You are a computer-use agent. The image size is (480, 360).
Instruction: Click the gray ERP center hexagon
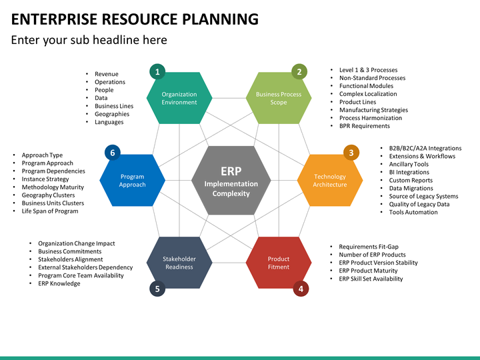tap(231, 181)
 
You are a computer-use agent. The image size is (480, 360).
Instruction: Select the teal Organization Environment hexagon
tap(179, 98)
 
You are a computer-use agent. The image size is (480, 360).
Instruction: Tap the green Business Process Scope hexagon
tap(279, 98)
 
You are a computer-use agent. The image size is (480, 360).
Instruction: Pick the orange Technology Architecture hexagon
tap(329, 181)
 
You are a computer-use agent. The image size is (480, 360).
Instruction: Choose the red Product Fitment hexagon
tap(279, 263)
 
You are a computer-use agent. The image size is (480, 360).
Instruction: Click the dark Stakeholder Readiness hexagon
tap(179, 263)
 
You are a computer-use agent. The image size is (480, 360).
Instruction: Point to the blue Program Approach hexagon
tap(132, 181)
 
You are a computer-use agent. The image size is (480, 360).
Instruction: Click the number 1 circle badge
tap(157, 71)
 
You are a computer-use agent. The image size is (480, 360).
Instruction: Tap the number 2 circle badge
tap(299, 71)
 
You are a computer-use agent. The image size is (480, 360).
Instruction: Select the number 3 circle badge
tap(351, 153)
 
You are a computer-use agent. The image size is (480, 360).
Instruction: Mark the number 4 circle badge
tap(301, 289)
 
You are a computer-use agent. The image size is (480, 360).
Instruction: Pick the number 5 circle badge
tap(157, 289)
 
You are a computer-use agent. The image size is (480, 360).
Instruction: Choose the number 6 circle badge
tap(113, 153)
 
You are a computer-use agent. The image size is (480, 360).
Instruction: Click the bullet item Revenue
tap(106, 74)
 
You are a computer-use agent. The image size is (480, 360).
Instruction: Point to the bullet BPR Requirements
tap(364, 126)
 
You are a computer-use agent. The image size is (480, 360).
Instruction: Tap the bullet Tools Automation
tap(413, 212)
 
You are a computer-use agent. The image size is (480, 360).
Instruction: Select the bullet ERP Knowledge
tap(59, 283)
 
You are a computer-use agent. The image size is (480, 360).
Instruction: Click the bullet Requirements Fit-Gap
tap(368, 247)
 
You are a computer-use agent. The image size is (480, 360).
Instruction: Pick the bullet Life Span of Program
tap(49, 211)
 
